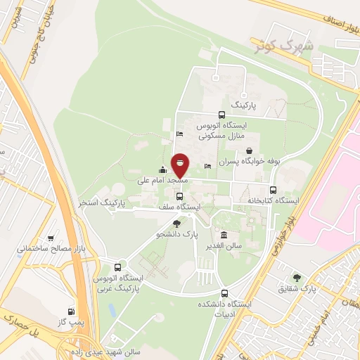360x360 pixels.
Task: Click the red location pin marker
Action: [180, 165]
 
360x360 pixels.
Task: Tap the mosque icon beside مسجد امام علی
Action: [163, 169]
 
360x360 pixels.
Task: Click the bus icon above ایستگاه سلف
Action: [179, 196]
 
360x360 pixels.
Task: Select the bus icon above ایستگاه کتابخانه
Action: [273, 190]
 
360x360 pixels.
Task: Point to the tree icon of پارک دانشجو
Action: [176, 223]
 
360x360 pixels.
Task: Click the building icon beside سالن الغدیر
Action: [224, 235]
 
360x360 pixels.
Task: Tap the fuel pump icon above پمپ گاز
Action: [71, 311]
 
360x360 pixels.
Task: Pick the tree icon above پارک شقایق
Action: [297, 278]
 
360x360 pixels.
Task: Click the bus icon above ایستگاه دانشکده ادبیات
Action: [224, 293]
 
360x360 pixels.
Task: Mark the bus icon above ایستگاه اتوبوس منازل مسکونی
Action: [221, 115]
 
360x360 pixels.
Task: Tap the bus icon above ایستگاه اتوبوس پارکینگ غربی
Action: [117, 268]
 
